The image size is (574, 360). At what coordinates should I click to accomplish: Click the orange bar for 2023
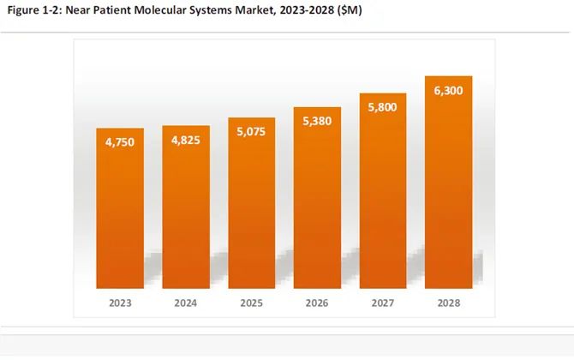[x=119, y=214]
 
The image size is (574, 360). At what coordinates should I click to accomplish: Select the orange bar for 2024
[x=185, y=214]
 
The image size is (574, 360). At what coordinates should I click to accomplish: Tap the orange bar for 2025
[x=251, y=210]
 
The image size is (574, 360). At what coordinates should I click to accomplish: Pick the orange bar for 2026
[x=317, y=206]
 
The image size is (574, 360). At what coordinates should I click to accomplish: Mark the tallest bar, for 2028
[x=448, y=189]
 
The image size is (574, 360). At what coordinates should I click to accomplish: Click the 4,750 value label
[x=119, y=145]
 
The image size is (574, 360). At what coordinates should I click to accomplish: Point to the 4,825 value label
[x=185, y=142]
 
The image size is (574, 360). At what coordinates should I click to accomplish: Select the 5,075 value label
[x=251, y=134]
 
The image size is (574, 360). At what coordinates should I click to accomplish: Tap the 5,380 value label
[x=317, y=123]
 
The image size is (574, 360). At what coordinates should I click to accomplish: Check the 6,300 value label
[x=448, y=92]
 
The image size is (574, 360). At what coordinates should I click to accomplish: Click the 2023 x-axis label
[x=119, y=303]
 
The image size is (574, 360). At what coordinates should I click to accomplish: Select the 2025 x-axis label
[x=251, y=303]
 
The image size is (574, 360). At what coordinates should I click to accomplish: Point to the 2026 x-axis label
[x=317, y=303]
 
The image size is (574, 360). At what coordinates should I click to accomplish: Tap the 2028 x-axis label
[x=448, y=303]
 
